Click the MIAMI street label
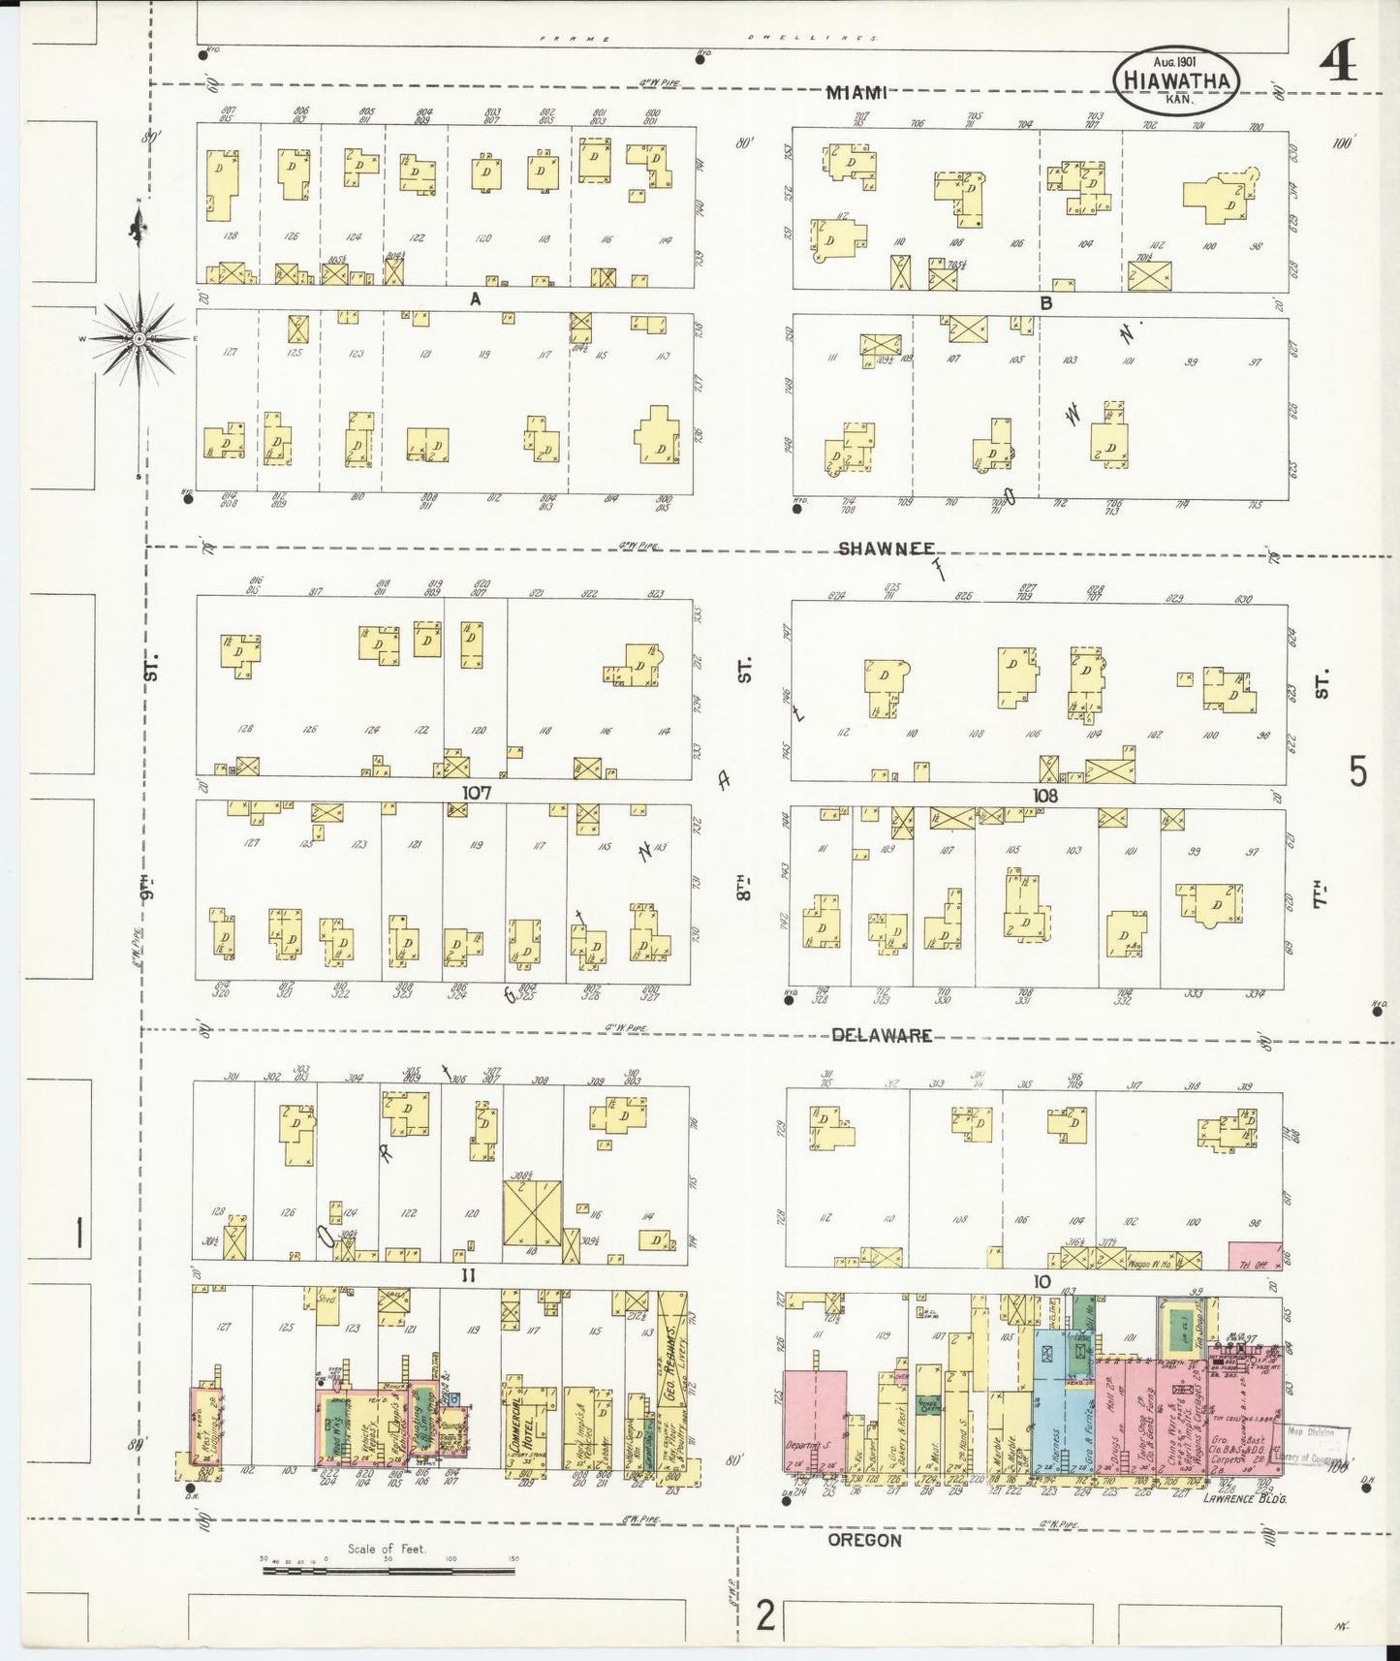856,93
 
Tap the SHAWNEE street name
886,548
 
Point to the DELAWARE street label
882,1035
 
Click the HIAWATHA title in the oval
1177,81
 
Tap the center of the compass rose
139,337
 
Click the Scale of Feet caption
387,1548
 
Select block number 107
476,793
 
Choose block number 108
1044,796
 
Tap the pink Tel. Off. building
1254,1256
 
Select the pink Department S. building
812,1420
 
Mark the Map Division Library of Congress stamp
1318,1446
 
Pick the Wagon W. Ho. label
1151,1264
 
